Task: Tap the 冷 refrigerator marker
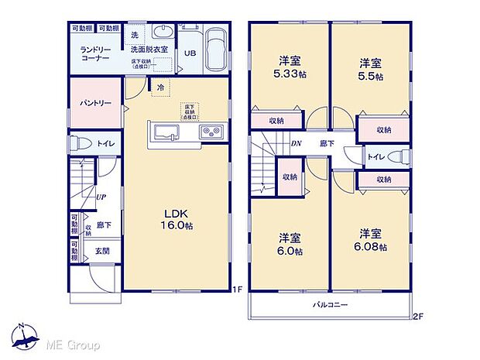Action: (x=159, y=87)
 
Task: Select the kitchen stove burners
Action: (x=212, y=133)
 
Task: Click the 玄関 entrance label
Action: (x=103, y=251)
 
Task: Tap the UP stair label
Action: (x=101, y=197)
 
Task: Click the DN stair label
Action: (x=296, y=143)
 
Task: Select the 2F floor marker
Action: (x=418, y=316)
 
